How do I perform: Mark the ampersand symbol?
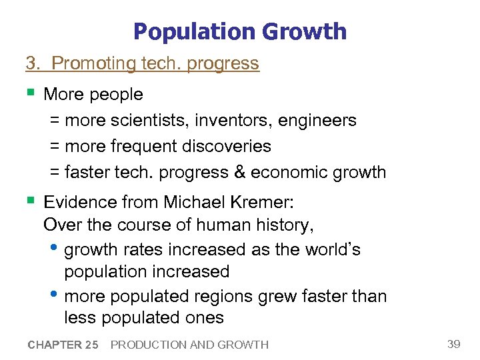[x=240, y=172]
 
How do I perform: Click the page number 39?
[x=453, y=344]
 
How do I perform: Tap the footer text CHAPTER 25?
[x=63, y=345]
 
